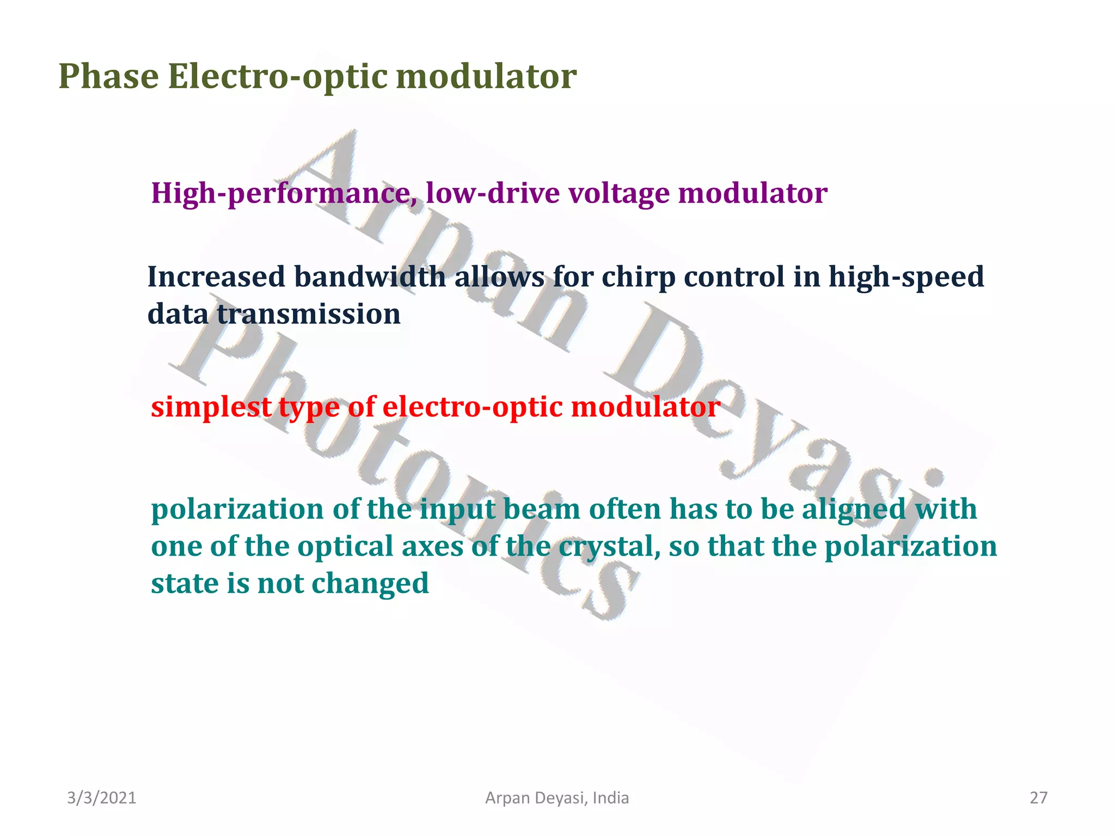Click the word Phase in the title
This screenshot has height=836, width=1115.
[x=108, y=76]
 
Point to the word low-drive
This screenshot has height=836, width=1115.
[x=492, y=193]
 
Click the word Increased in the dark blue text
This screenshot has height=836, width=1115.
[x=216, y=277]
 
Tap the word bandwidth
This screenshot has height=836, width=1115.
[x=370, y=277]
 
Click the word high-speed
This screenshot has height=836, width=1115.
[x=906, y=277]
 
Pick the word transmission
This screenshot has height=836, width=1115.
[x=309, y=314]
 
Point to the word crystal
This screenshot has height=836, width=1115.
[x=609, y=546]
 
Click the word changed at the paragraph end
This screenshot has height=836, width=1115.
[x=370, y=583]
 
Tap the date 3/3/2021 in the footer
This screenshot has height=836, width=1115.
[x=102, y=798]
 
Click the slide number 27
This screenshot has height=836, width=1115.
[x=1038, y=798]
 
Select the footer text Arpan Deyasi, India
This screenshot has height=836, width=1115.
[x=557, y=798]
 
